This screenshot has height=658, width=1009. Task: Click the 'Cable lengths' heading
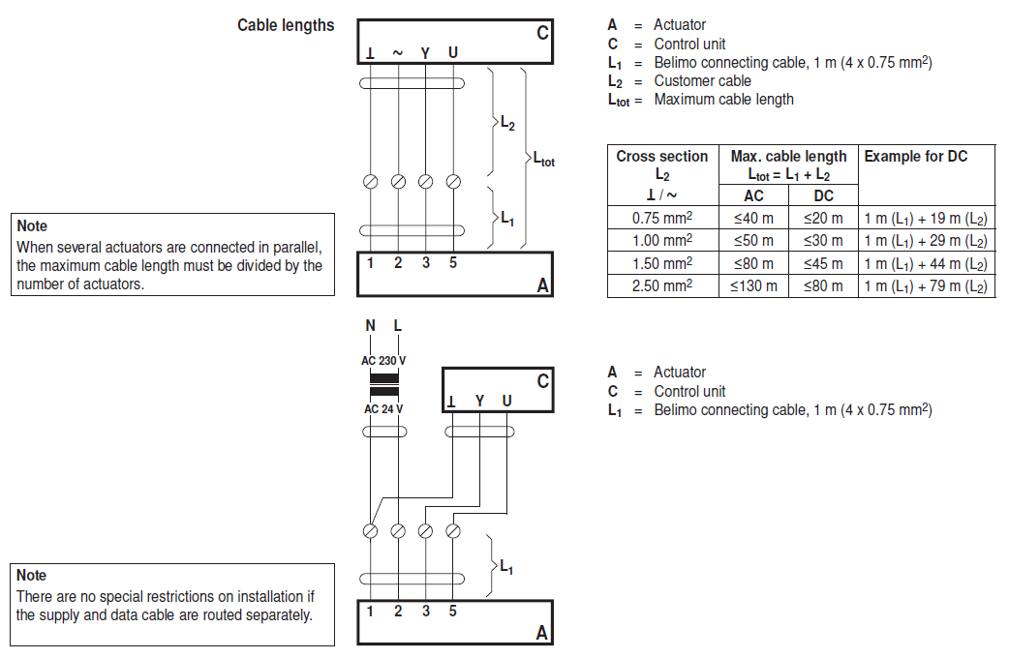286,25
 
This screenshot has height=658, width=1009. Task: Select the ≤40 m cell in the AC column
753,219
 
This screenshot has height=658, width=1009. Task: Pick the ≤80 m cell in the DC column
823,285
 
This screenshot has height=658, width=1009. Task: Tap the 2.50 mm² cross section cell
662,285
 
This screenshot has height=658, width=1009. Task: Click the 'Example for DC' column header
915,156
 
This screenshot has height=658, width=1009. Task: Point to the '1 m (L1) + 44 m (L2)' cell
926,263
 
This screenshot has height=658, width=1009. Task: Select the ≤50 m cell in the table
753,241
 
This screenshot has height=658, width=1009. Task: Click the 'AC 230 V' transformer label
383,361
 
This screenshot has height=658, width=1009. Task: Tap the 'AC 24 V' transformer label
383,408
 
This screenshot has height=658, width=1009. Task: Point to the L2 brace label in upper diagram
507,123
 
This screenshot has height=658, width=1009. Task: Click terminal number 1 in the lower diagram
370,611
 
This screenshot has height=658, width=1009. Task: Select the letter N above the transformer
370,326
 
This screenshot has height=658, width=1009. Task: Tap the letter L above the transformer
398,326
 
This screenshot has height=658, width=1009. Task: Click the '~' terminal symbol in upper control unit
398,51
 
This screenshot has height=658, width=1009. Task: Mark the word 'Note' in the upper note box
32,226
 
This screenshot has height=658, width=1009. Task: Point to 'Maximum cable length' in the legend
723,99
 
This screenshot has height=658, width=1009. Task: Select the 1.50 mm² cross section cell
662,263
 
